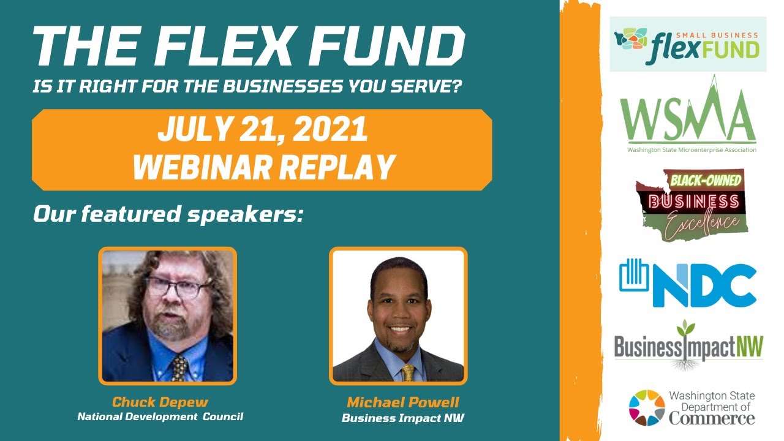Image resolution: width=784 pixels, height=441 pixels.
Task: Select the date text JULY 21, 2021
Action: click(x=262, y=129)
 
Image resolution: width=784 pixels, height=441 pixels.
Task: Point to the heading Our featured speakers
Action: click(x=168, y=214)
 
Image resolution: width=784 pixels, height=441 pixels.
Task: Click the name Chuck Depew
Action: click(x=160, y=402)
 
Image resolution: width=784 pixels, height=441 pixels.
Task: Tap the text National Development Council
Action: click(x=160, y=417)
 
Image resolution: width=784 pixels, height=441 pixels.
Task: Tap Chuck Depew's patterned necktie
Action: click(x=179, y=367)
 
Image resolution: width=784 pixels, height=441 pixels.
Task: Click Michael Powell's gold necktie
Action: click(x=408, y=372)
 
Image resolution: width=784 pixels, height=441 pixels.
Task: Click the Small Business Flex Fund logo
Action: click(x=688, y=45)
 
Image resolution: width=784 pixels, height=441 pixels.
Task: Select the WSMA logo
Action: click(x=688, y=116)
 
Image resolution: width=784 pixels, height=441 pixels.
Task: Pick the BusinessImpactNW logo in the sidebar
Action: click(x=688, y=347)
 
